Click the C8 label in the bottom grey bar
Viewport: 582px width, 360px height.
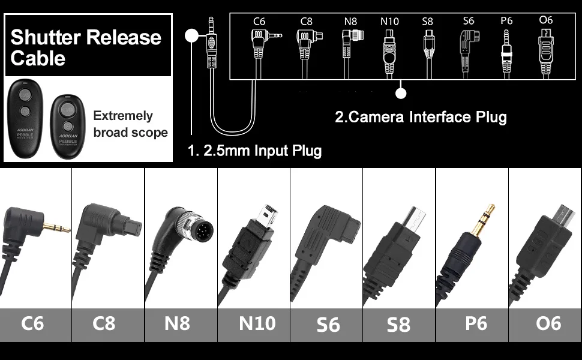click(104, 323)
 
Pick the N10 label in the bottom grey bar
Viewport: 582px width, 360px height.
click(257, 323)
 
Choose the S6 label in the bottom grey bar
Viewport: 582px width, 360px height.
click(328, 325)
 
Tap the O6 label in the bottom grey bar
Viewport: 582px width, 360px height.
click(548, 323)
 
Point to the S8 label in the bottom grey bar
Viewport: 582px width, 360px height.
click(398, 325)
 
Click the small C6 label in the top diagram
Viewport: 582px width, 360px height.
click(259, 22)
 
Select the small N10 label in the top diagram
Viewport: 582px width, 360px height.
click(389, 22)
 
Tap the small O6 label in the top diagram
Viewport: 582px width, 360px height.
click(545, 20)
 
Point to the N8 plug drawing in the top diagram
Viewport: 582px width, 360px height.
click(350, 51)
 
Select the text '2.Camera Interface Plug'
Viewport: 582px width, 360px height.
click(420, 116)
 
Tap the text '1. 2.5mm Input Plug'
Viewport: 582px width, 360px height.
click(254, 150)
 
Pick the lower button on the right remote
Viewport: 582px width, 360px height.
click(68, 125)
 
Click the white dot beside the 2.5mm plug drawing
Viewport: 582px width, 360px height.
click(191, 35)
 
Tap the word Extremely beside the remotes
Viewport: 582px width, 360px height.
click(123, 116)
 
